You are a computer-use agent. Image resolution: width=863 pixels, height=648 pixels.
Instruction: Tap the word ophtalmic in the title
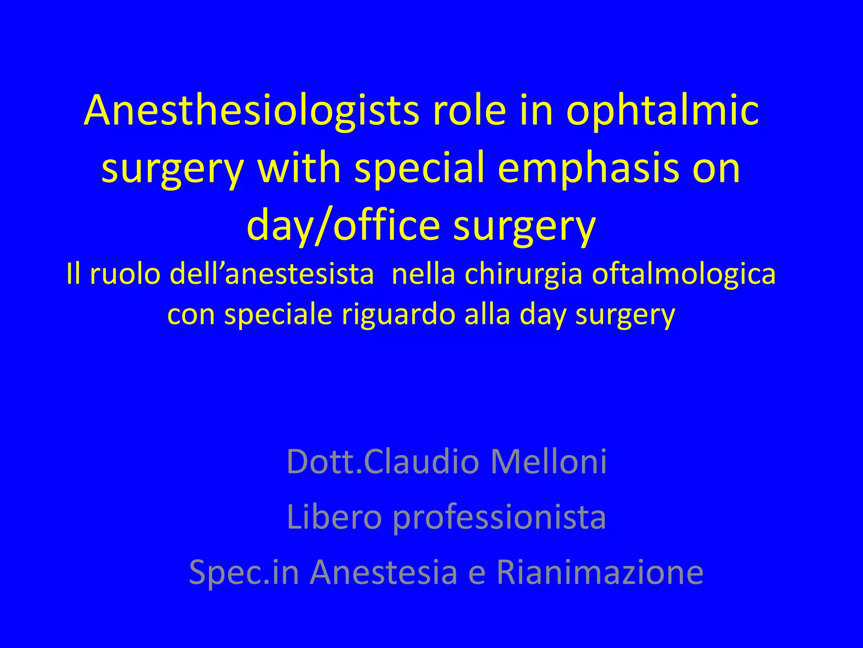click(x=662, y=111)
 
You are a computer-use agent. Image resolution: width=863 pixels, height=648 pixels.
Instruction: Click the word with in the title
click(x=298, y=168)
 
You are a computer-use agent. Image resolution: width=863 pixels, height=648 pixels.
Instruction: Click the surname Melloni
click(x=548, y=462)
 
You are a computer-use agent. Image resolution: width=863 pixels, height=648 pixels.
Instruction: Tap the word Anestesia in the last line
click(x=383, y=572)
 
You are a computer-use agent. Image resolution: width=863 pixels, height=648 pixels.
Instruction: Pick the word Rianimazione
click(x=600, y=572)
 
